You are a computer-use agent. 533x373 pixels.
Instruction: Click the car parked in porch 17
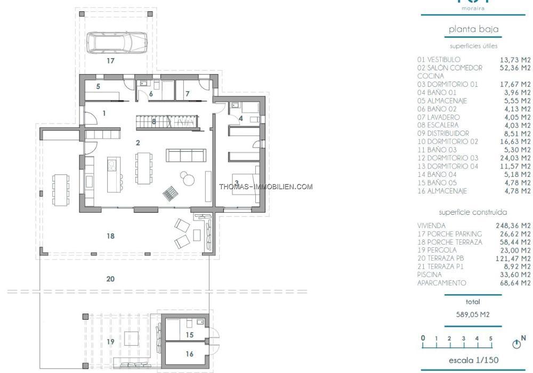tap(117, 43)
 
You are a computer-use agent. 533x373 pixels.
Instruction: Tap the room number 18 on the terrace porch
tap(110, 236)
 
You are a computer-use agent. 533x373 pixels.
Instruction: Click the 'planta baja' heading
tap(473, 29)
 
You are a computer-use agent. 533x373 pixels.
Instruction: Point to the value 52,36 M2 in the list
tap(515, 68)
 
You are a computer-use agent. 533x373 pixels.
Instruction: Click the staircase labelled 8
tap(166, 121)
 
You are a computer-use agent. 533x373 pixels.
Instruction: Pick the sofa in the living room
tap(186, 155)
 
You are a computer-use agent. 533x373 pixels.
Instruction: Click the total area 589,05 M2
tap(472, 314)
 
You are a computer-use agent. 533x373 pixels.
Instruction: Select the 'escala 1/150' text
tap(473, 360)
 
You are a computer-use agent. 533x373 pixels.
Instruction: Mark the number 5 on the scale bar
tap(490, 338)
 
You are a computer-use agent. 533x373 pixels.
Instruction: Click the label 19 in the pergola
tap(110, 342)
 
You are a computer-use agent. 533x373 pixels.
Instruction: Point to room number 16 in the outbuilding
tap(189, 354)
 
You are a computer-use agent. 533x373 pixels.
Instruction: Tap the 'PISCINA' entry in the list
tap(429, 275)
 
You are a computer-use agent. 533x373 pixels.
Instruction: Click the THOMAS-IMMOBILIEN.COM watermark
tap(266, 186)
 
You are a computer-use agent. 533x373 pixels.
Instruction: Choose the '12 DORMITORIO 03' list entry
tap(448, 158)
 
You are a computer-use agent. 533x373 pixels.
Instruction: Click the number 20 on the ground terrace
tap(110, 279)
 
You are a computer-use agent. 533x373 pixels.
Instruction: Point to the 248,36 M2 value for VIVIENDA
tap(513, 225)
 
